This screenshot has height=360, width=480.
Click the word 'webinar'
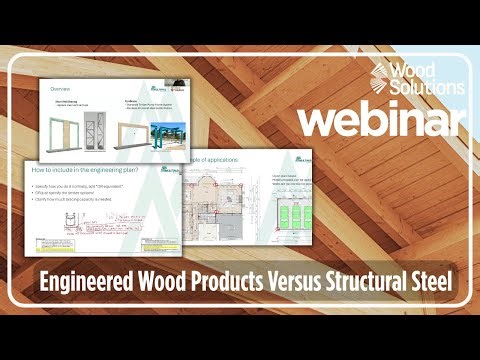coord(382,119)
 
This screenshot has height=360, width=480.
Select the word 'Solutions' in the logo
coord(428,88)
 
